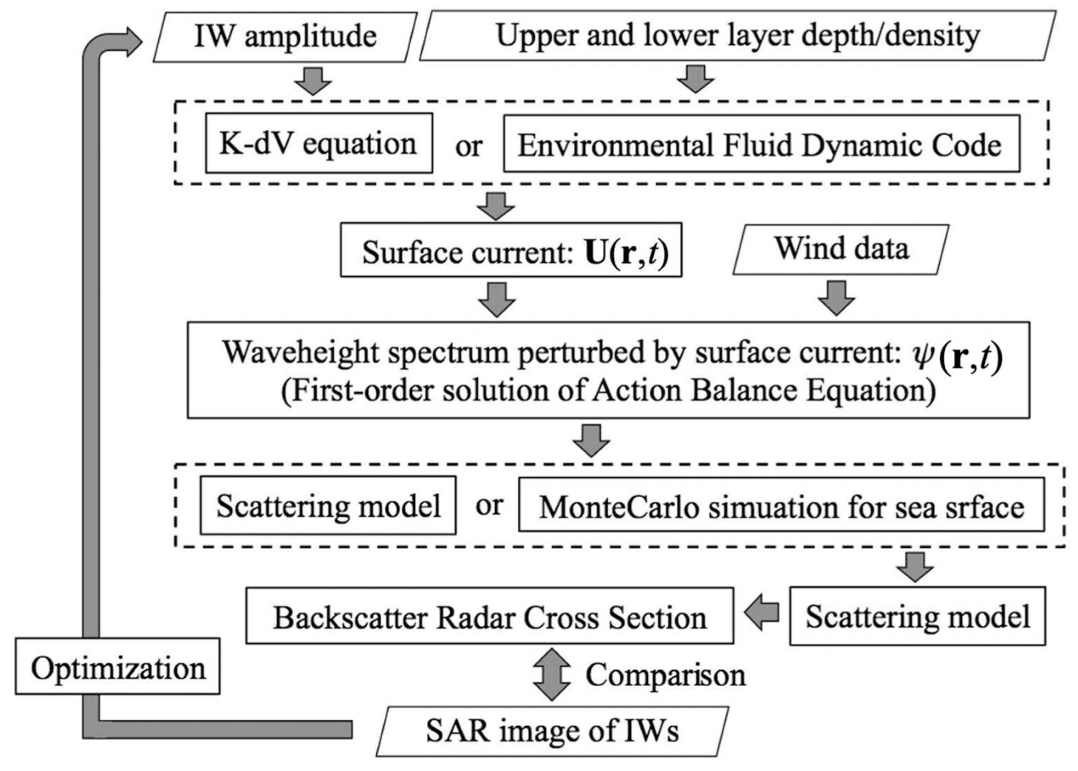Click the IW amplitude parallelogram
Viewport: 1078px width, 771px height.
click(285, 37)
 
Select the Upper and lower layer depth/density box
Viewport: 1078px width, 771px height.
click(738, 36)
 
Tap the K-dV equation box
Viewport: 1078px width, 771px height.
click(319, 144)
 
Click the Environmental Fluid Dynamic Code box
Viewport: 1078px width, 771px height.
click(761, 145)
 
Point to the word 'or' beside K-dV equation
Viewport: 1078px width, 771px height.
click(468, 146)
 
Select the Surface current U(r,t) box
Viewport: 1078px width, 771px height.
click(511, 250)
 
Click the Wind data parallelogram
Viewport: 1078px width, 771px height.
click(841, 249)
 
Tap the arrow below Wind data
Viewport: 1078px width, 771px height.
click(836, 298)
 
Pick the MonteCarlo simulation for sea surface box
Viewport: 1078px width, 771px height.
click(781, 505)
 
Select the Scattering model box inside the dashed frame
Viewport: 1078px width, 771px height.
click(328, 505)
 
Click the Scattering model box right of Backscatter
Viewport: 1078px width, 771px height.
click(917, 616)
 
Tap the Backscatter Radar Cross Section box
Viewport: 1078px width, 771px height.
click(489, 616)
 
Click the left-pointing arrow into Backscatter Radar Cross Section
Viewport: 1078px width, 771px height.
click(762, 612)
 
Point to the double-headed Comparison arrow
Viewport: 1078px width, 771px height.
click(551, 674)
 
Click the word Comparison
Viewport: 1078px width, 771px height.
click(665, 675)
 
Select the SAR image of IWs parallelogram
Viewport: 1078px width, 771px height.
click(552, 731)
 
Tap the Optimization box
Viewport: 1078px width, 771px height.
click(118, 666)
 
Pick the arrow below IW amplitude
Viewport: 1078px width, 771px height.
click(313, 81)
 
